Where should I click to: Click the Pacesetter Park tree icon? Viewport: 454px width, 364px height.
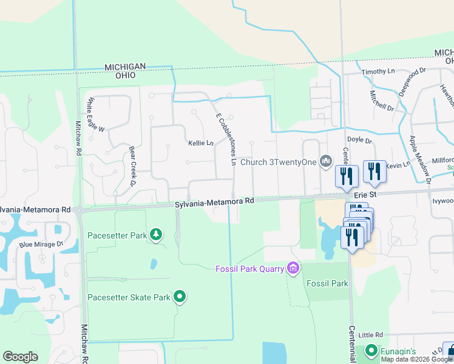(156, 235)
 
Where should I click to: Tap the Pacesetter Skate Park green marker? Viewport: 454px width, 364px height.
(180, 297)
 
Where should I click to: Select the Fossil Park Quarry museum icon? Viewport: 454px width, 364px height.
(294, 268)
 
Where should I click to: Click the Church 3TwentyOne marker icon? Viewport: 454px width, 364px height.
(327, 161)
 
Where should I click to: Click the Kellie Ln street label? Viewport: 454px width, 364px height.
(201, 143)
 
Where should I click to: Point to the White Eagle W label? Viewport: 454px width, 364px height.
(97, 115)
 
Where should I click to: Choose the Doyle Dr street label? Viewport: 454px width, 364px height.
(359, 140)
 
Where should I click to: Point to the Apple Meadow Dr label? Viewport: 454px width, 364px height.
(419, 159)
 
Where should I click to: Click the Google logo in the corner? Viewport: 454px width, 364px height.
(20, 357)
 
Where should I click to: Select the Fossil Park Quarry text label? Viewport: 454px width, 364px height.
(250, 268)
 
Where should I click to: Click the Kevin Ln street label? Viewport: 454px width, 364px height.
(398, 165)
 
